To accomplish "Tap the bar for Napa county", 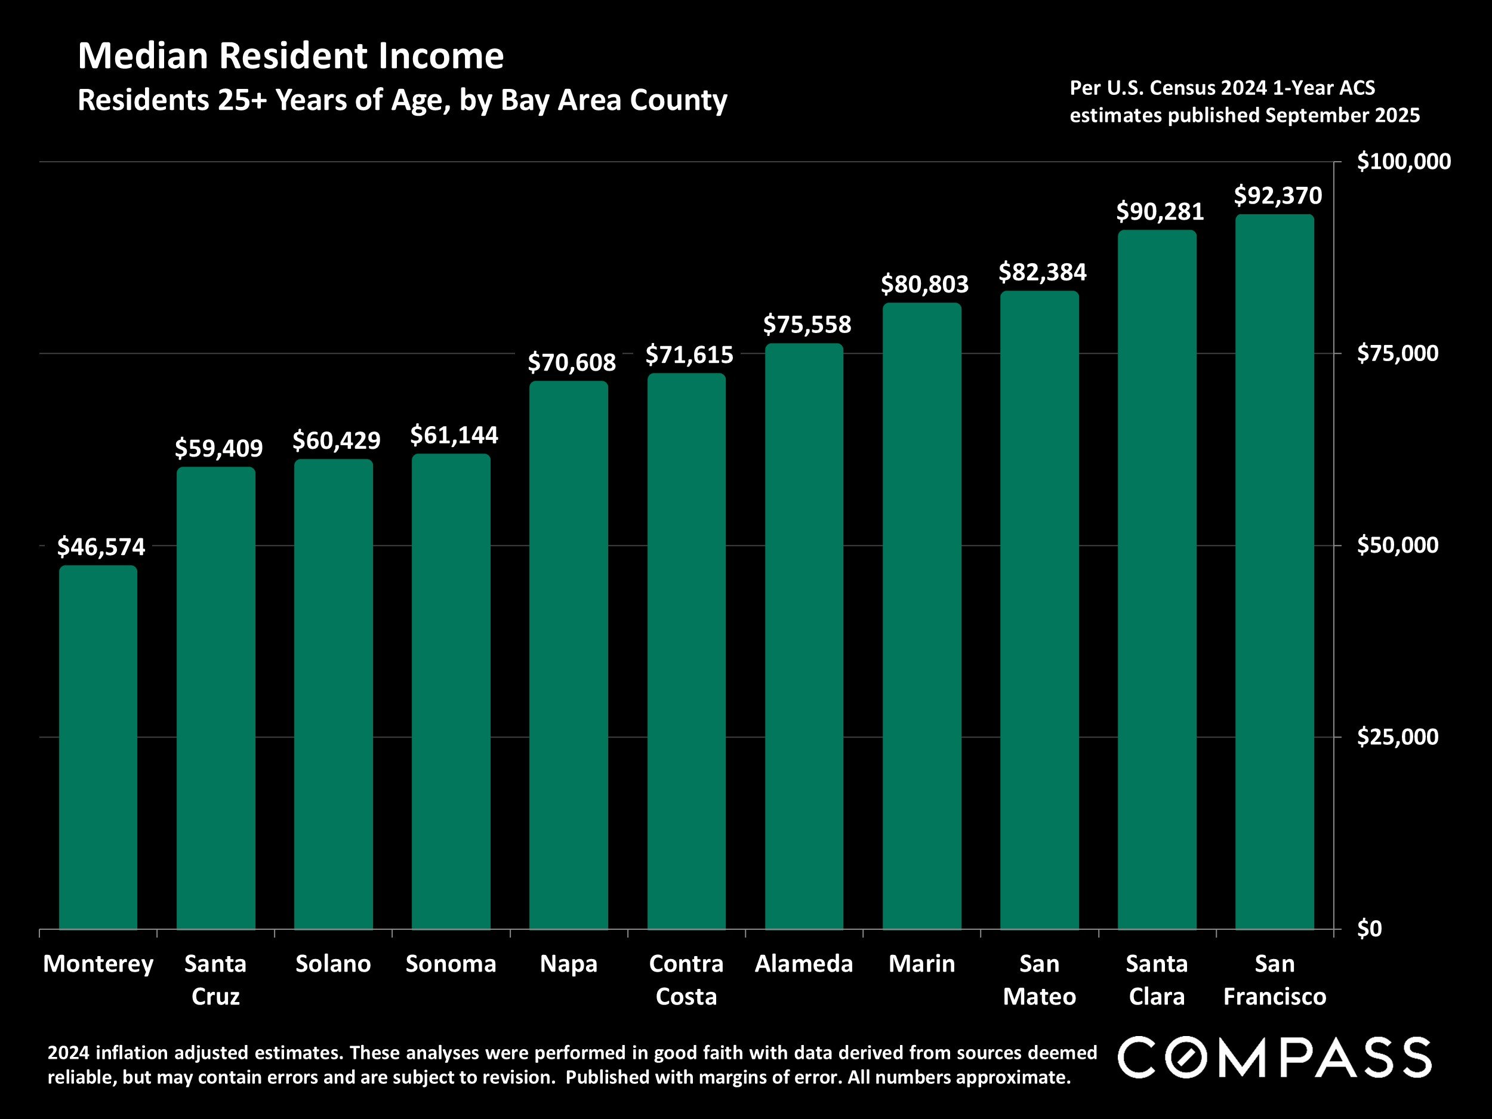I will tap(569, 654).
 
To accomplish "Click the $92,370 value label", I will tap(1278, 196).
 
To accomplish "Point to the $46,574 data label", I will tap(101, 546).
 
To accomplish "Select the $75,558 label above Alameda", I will tap(807, 325).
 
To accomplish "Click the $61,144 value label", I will tap(454, 435).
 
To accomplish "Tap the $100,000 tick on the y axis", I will tap(1403, 162).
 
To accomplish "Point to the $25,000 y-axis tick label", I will tap(1397, 736).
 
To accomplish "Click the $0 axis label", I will tap(1369, 929).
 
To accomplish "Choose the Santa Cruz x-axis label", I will tap(215, 979).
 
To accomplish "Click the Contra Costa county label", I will tap(686, 979).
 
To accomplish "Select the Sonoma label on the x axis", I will tap(451, 964).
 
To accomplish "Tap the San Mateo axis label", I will tap(1039, 979).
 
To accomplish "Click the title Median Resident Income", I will tap(291, 56).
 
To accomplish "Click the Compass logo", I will tap(1274, 1057).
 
